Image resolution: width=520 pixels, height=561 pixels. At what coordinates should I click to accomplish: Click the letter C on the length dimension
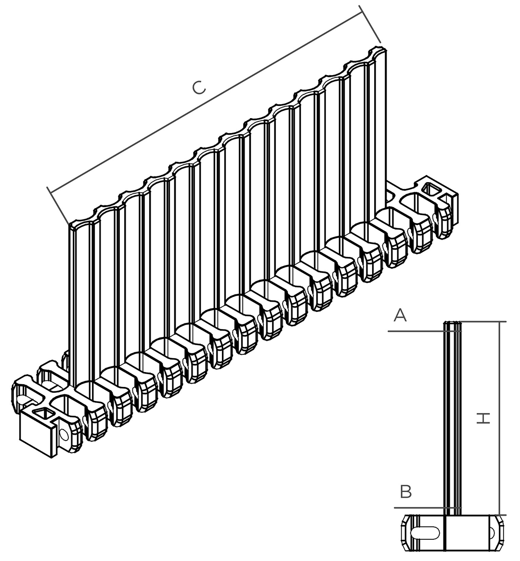click(199, 88)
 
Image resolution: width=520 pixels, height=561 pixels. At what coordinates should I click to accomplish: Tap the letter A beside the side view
click(400, 316)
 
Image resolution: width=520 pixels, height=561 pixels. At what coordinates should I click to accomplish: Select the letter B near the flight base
click(406, 492)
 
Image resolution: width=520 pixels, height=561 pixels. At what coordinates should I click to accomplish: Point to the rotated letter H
click(483, 418)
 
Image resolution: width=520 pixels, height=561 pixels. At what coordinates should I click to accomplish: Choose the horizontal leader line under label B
click(428, 508)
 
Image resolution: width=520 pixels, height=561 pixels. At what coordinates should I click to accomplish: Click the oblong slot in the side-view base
click(425, 533)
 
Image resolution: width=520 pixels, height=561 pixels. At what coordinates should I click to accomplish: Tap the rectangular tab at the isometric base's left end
click(37, 434)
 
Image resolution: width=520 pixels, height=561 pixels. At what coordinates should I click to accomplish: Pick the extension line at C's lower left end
click(58, 205)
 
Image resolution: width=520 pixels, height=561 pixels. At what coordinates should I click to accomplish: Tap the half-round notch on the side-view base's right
click(492, 533)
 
